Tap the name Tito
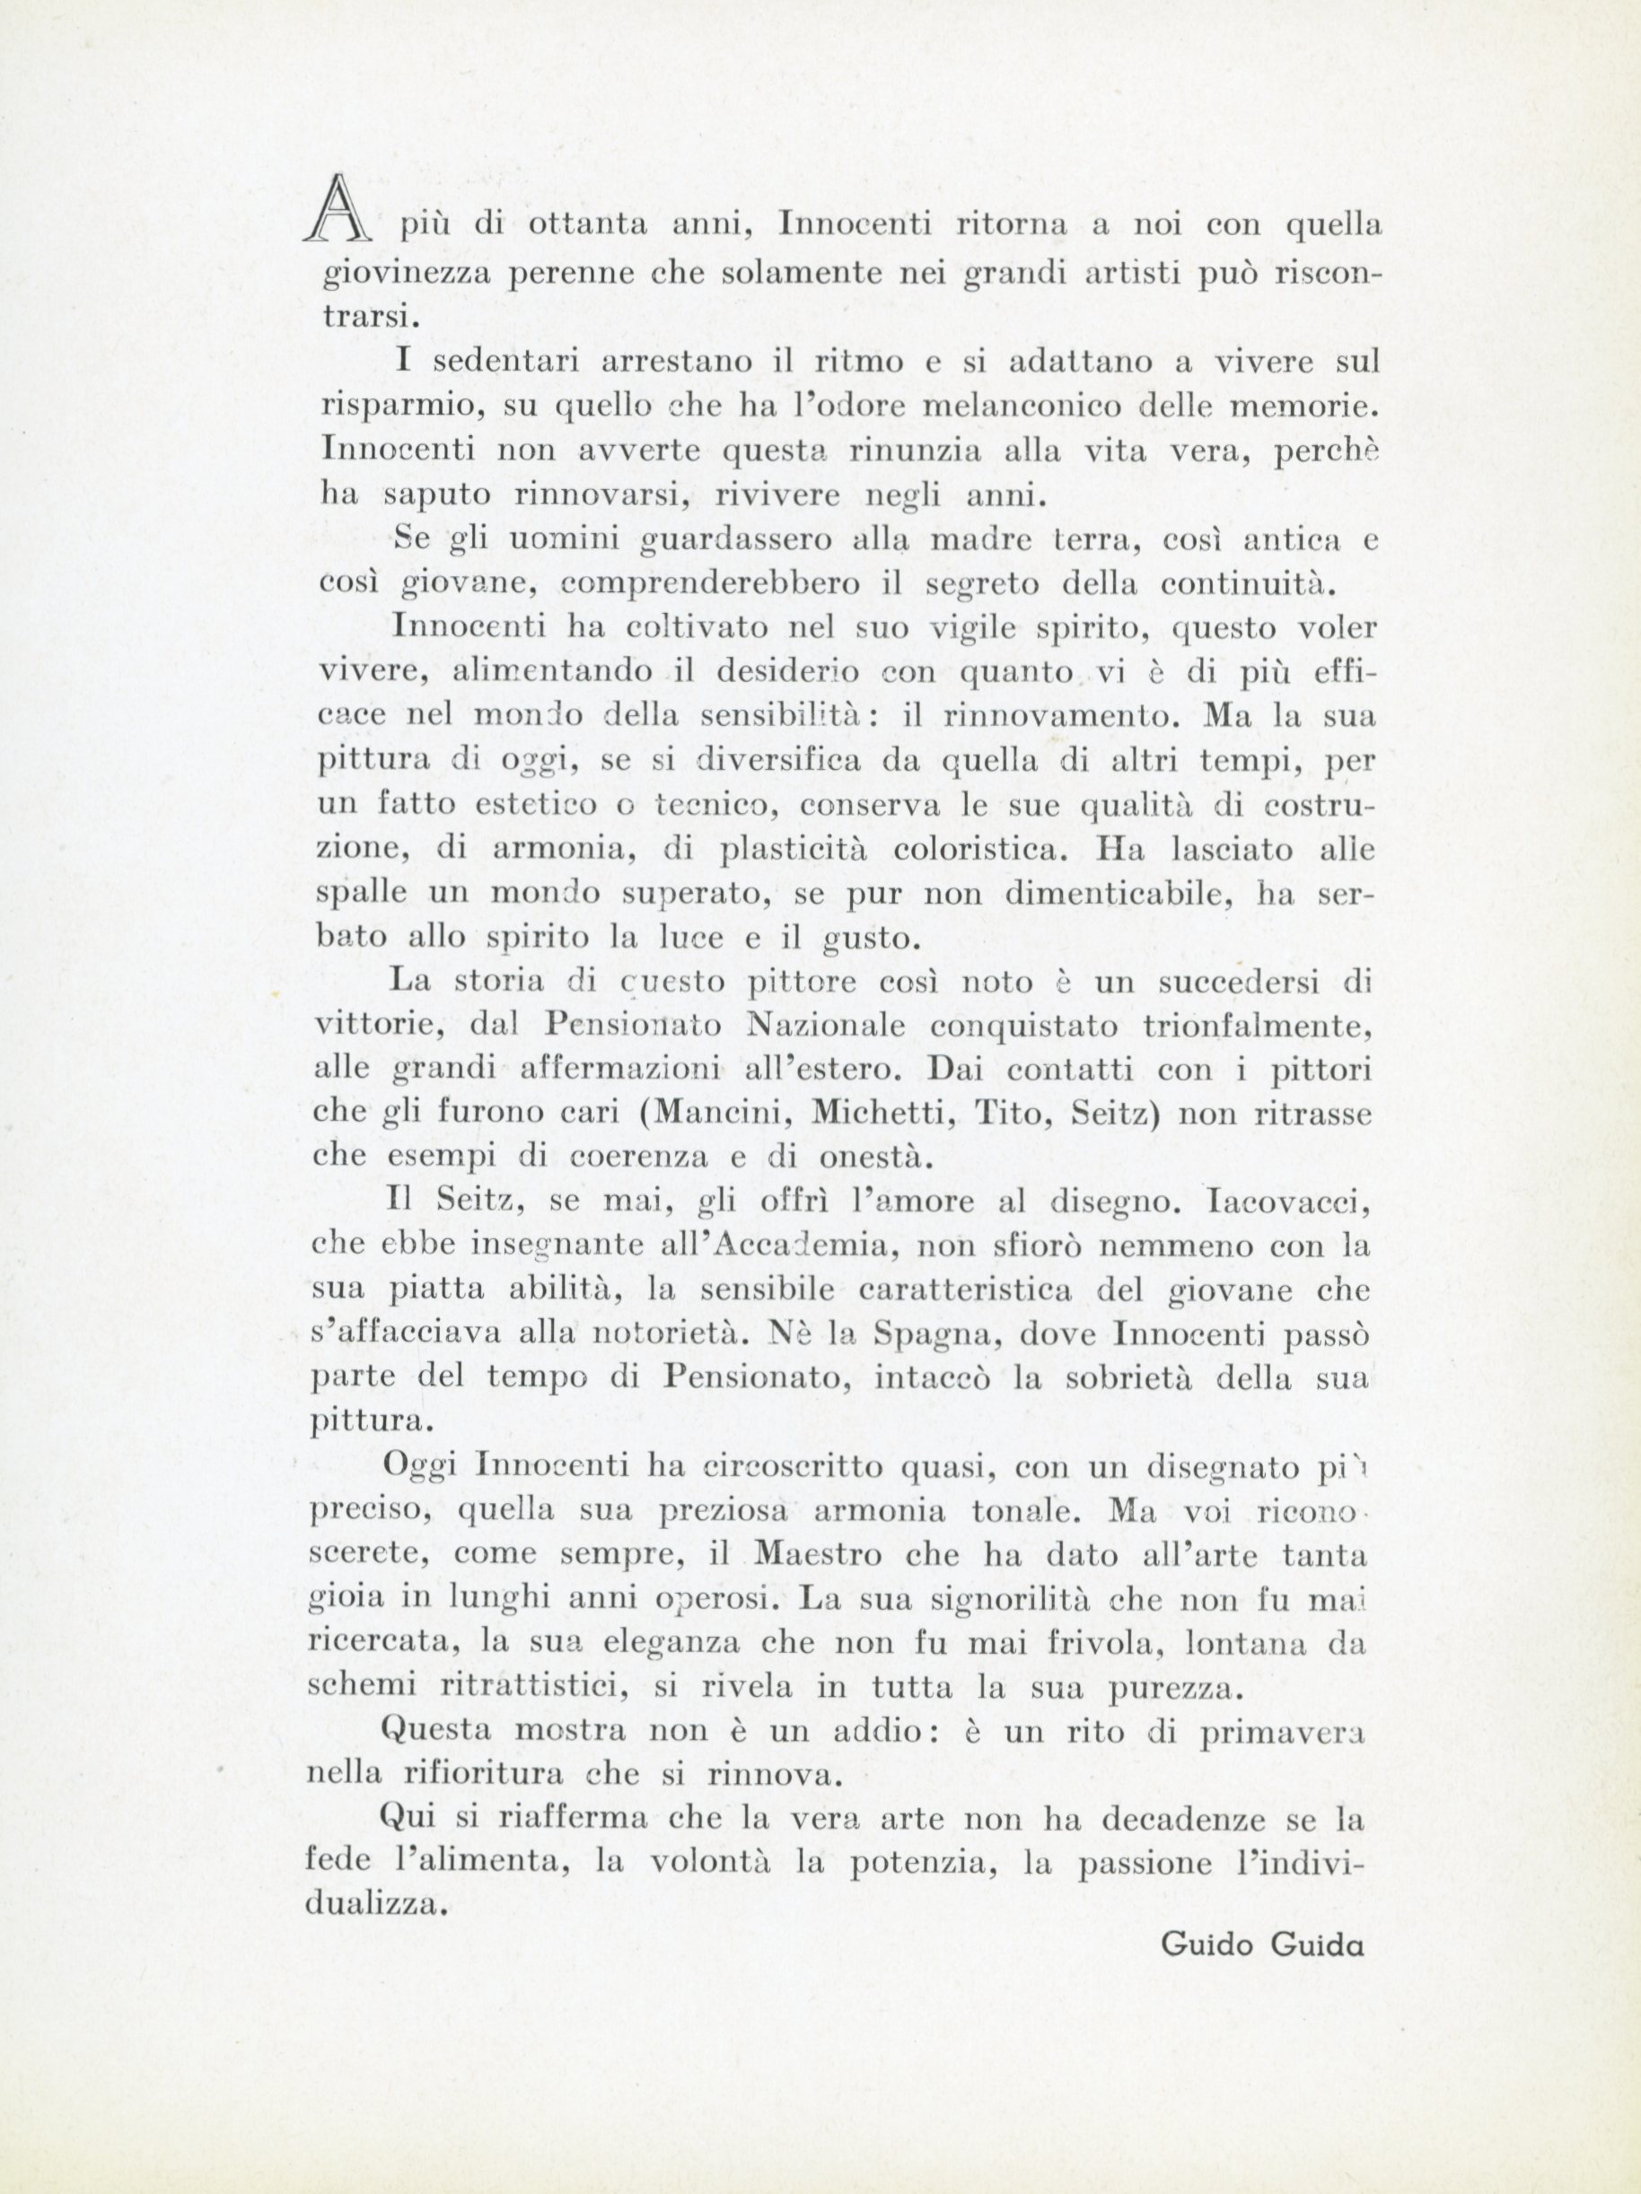(1013, 1114)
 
